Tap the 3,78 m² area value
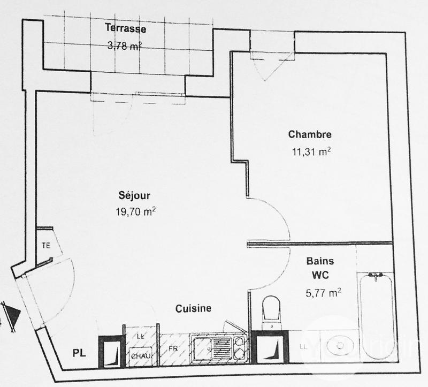126,45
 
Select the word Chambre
310,134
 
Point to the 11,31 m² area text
310,151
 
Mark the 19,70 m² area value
135,211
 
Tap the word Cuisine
193,308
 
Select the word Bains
320,262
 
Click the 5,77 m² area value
323,293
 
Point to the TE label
46,246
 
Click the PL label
79,353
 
